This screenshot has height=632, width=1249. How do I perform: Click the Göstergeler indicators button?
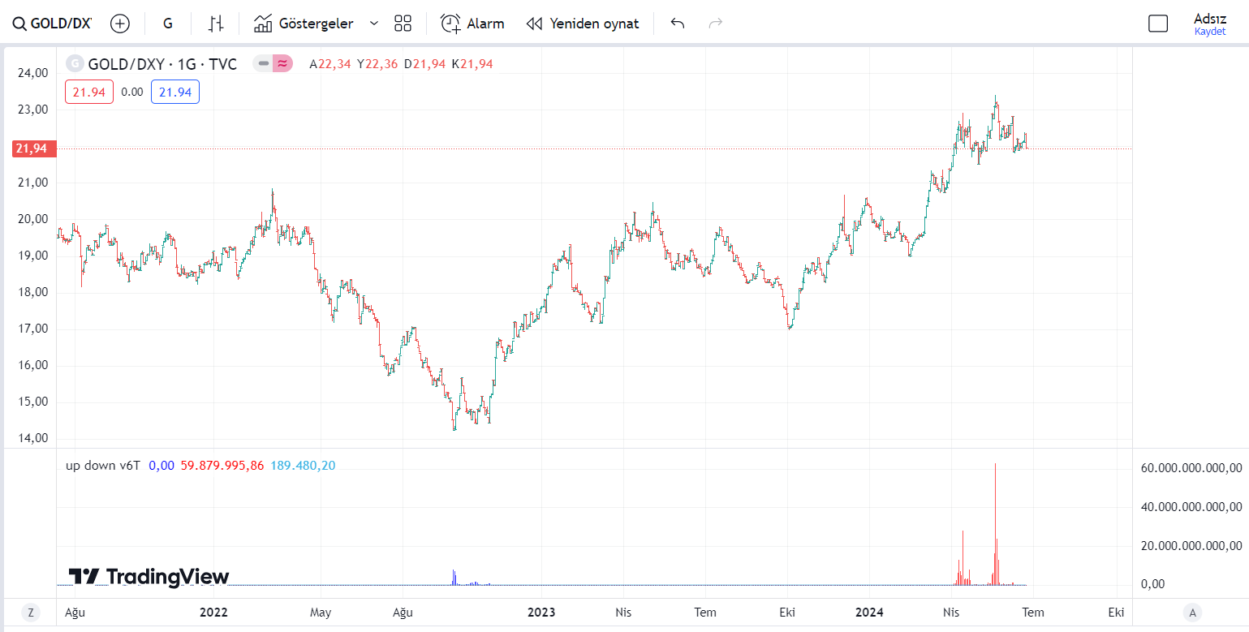[x=304, y=24]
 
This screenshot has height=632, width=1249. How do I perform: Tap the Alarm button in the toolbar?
[x=472, y=24]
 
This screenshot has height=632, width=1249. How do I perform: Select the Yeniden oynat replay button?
[x=583, y=24]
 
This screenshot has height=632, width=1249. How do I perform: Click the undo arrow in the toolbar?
[x=678, y=24]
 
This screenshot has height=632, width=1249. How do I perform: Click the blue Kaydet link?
[x=1209, y=32]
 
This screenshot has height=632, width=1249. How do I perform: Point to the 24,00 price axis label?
[x=33, y=73]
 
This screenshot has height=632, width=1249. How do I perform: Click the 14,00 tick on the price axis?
[x=33, y=438]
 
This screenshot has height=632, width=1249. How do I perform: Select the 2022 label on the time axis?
[x=213, y=612]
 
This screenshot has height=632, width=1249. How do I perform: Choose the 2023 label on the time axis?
[x=541, y=612]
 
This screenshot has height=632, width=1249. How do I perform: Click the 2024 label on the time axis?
[x=869, y=612]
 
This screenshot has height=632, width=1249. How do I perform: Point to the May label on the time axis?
[x=321, y=612]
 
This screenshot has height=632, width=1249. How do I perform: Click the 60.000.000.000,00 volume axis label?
[x=1191, y=467]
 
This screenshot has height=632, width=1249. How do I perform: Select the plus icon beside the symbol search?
[x=120, y=24]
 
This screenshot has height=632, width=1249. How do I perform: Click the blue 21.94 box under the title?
[x=175, y=92]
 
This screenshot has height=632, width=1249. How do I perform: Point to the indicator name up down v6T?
[x=102, y=466]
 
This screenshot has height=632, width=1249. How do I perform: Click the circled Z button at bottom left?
[x=31, y=613]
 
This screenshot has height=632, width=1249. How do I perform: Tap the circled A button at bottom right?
[x=1191, y=613]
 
